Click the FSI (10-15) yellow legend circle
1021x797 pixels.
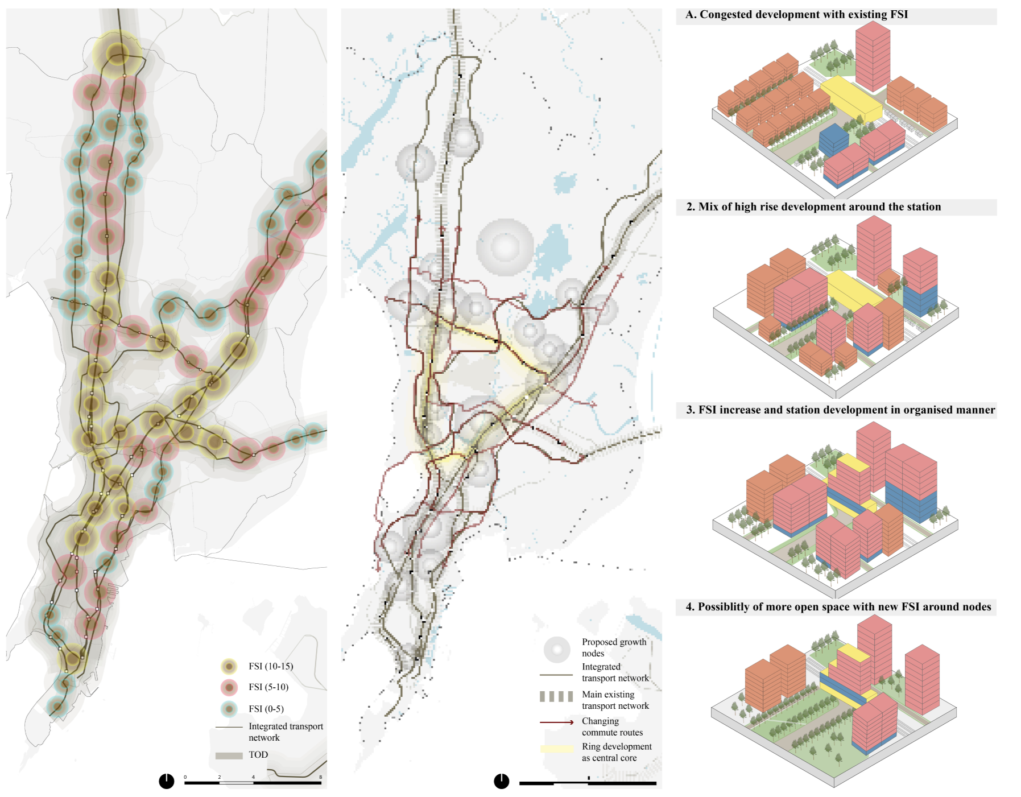click(229, 666)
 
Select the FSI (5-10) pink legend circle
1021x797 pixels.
click(229, 687)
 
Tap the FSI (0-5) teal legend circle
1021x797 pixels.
click(229, 709)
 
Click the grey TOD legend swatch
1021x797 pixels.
click(229, 755)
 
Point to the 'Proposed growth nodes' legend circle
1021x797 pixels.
click(557, 649)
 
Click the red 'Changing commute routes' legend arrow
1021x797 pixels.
click(557, 722)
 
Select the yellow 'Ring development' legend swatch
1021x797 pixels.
click(557, 749)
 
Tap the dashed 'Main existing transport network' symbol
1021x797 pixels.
click(556, 696)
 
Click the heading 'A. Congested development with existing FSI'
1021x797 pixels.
click(796, 15)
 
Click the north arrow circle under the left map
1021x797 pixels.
click(166, 781)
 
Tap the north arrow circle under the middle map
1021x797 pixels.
click(501, 781)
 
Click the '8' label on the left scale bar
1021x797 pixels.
click(320, 777)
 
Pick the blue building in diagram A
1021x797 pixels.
click(833, 139)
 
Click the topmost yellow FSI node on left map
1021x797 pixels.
click(118, 53)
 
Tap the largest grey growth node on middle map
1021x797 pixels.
click(505, 247)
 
